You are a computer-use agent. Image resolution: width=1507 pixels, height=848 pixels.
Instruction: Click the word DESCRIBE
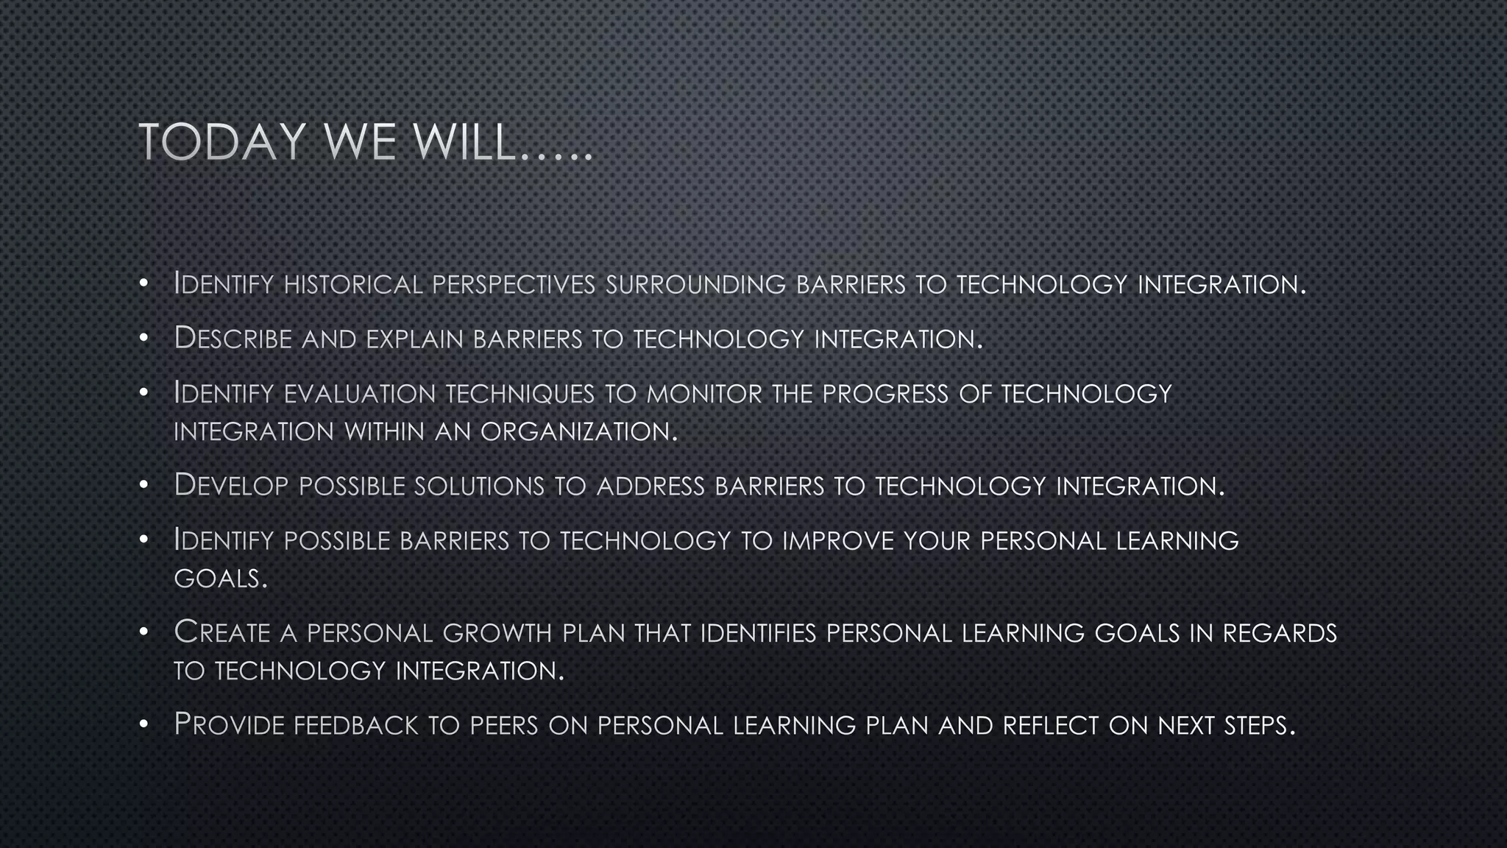pos(233,339)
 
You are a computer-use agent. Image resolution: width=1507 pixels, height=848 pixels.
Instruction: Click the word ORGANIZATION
pos(578,431)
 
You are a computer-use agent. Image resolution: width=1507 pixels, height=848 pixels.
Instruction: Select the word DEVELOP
pos(231,486)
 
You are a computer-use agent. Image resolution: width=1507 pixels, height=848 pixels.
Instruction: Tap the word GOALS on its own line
pos(220,579)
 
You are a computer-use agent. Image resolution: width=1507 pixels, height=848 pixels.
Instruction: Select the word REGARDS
pos(1280,633)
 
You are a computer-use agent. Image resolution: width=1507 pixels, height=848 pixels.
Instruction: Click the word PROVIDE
pos(229,725)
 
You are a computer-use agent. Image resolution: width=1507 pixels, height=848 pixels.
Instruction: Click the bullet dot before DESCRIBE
pos(144,339)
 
